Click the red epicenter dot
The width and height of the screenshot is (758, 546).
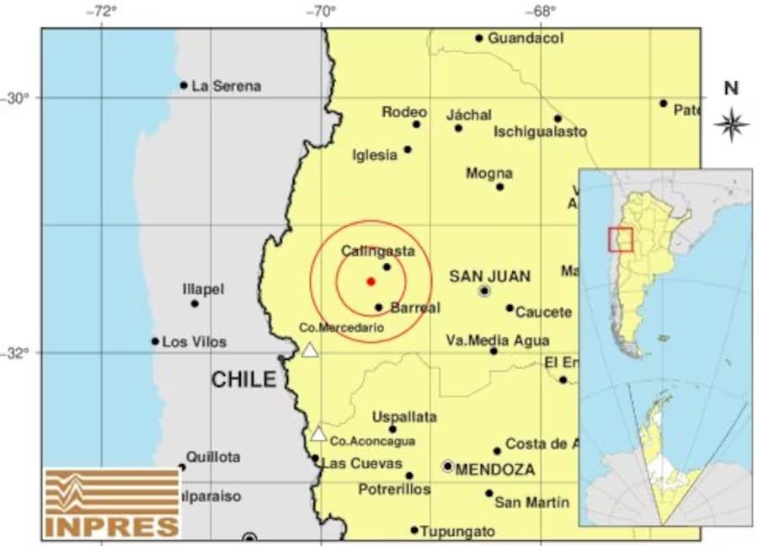pos(371,281)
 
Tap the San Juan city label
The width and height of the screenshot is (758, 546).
pos(489,276)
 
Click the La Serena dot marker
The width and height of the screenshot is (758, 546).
pos(184,85)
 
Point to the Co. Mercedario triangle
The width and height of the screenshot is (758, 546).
pos(310,350)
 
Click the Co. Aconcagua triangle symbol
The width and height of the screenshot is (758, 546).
pos(318,435)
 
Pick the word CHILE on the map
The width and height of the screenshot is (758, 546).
pos(243,379)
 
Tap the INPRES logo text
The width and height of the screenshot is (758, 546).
pos(112,527)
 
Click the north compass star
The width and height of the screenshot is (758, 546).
pos(731,125)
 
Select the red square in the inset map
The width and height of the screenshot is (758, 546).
pos(620,239)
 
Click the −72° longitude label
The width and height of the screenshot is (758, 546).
pos(104,11)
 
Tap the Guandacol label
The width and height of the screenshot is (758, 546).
pos(526,38)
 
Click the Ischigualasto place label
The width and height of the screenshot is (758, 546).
pos(540,131)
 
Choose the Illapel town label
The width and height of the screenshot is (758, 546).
pos(203,289)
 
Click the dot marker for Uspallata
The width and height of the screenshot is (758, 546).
pos(392,429)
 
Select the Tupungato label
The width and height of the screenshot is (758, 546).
pos(457,531)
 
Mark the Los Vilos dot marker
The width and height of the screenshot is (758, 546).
pos(155,341)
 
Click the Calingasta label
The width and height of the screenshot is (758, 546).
pos(378,251)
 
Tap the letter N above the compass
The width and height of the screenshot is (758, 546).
pos(731,88)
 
